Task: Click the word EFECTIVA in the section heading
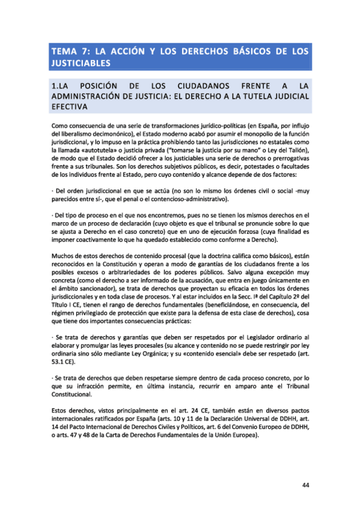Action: coord(71,106)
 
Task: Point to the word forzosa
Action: coord(264,230)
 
